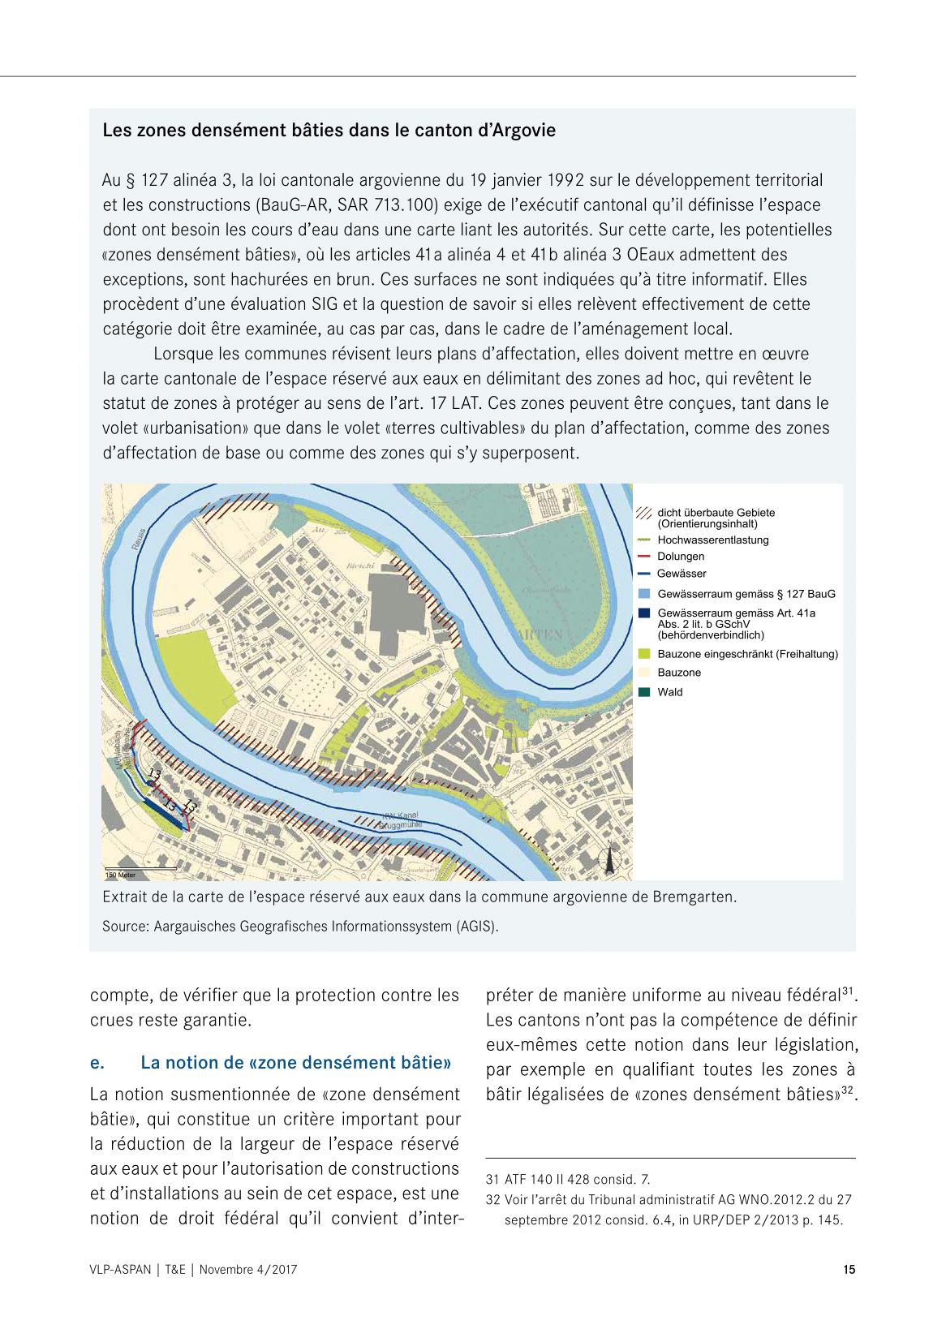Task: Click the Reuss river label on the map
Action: pyautogui.click(x=139, y=537)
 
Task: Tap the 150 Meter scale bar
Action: pyautogui.click(x=140, y=869)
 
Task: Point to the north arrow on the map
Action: pyautogui.click(x=609, y=859)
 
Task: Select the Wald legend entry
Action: pyautogui.click(x=669, y=692)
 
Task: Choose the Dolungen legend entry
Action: pyautogui.click(x=680, y=557)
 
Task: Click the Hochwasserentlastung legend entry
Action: pyautogui.click(x=712, y=540)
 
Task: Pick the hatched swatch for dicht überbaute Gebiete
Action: pyautogui.click(x=644, y=514)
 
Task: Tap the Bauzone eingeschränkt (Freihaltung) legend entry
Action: pyautogui.click(x=747, y=654)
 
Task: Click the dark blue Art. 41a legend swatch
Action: pyautogui.click(x=644, y=613)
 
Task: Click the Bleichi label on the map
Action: pyautogui.click(x=361, y=565)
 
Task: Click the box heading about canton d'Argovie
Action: pyautogui.click(x=329, y=131)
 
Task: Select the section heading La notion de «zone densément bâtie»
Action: pyautogui.click(x=295, y=1063)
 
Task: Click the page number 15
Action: pyautogui.click(x=849, y=1270)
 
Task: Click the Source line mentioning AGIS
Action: pyautogui.click(x=300, y=926)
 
